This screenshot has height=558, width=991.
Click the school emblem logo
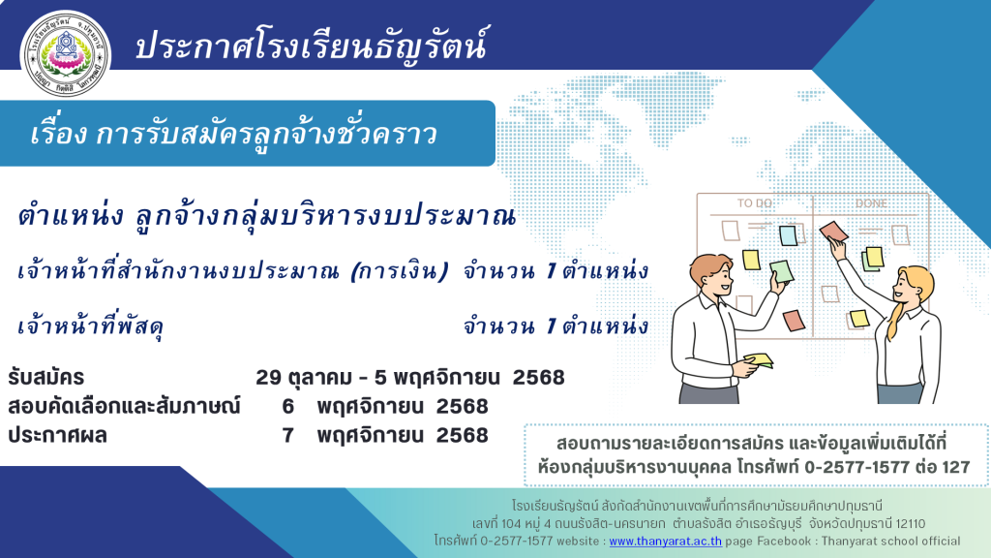tap(66, 54)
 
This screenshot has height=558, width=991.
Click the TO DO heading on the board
tap(755, 203)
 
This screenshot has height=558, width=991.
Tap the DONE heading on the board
tap(872, 203)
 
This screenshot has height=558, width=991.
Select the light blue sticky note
tap(788, 235)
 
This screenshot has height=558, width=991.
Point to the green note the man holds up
tap(781, 271)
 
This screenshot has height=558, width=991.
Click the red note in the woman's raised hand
tap(833, 232)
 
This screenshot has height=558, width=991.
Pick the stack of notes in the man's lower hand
tap(759, 360)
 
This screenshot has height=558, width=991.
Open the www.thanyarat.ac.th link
tap(665, 541)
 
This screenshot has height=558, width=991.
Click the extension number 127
tap(955, 467)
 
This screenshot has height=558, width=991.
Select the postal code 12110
tap(910, 524)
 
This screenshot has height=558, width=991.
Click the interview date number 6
tap(287, 406)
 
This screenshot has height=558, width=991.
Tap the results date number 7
tap(287, 435)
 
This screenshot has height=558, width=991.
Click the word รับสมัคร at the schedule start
tap(45, 378)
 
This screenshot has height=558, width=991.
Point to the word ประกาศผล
tap(57, 436)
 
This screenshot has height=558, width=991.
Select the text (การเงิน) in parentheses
tap(400, 271)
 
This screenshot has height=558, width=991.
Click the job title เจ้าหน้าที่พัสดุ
tap(91, 326)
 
